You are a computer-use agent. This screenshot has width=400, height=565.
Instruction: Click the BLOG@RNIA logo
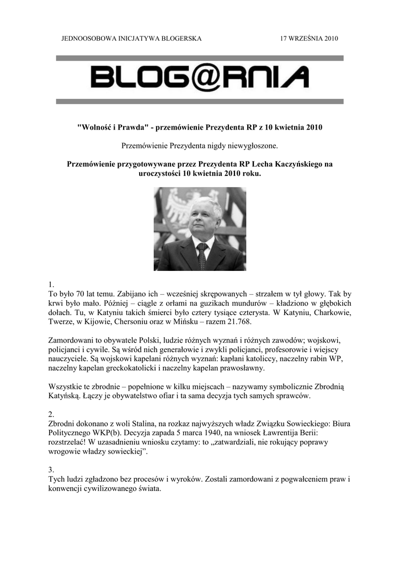click(x=199, y=77)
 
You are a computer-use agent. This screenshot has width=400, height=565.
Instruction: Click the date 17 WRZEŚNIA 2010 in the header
click(x=309, y=39)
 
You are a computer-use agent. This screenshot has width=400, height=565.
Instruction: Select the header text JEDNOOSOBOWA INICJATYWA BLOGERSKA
click(x=131, y=39)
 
